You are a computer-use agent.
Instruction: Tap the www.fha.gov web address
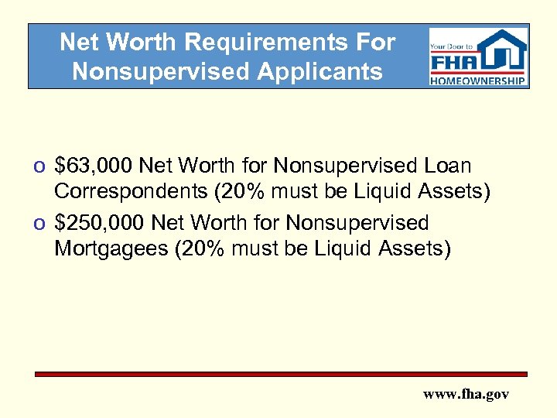[x=466, y=394]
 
